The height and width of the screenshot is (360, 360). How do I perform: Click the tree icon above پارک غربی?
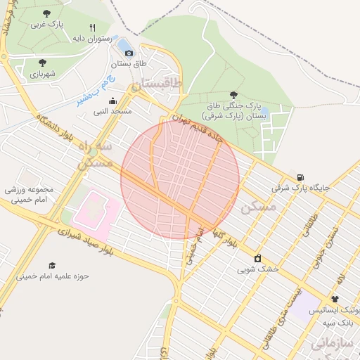pyautogui.click(x=46, y=13)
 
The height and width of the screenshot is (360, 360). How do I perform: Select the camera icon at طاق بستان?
pyautogui.click(x=129, y=53)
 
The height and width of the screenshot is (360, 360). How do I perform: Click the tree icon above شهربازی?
pyautogui.click(x=43, y=63)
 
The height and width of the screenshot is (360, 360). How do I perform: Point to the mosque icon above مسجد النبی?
pyautogui.click(x=112, y=101)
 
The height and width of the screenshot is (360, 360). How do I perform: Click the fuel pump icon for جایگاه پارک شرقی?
pyautogui.click(x=301, y=177)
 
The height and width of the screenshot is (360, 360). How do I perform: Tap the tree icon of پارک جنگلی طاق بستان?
pyautogui.click(x=233, y=95)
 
